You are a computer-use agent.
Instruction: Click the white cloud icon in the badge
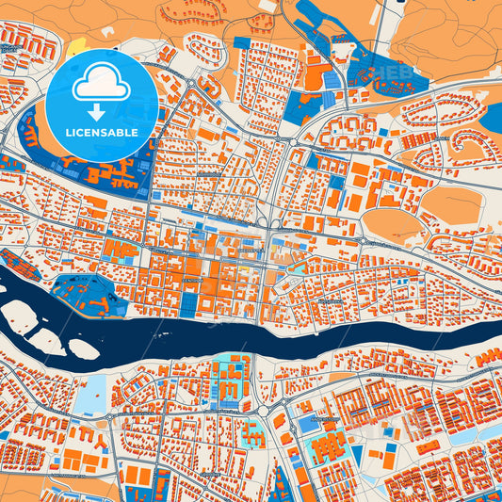pos(102,83)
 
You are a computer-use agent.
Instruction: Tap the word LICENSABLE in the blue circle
pos(102,132)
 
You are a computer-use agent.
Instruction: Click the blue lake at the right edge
pos(493,117)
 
